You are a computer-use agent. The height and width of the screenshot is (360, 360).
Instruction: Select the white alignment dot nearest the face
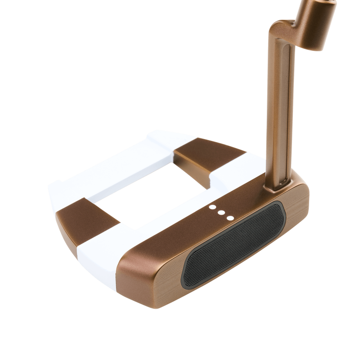point(230,218)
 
